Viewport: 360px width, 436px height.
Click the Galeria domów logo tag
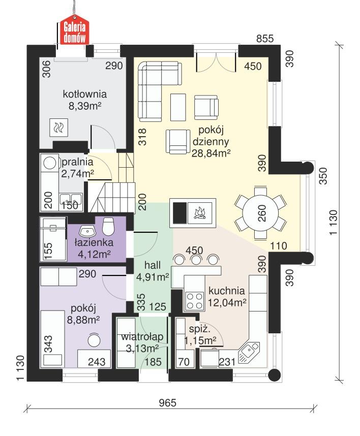[x=75, y=32]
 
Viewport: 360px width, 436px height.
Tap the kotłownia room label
[x=84, y=94]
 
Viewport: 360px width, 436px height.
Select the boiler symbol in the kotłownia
[x=58, y=128]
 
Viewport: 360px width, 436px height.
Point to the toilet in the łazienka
[x=108, y=225]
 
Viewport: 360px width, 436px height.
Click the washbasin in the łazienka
[x=87, y=230]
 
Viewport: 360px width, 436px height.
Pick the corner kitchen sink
[x=249, y=350]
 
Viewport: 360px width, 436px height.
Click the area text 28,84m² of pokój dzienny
[x=211, y=152]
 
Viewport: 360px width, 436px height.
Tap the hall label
[x=152, y=265]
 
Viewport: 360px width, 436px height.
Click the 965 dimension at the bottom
[x=167, y=402]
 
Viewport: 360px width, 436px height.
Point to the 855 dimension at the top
[x=265, y=39]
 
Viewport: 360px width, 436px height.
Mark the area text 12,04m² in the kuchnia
[x=227, y=302]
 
